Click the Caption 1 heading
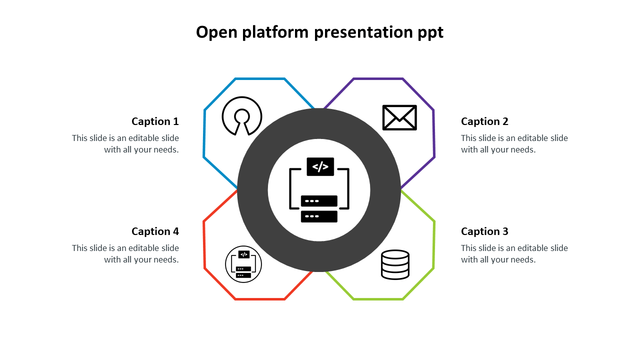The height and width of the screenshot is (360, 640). [155, 121]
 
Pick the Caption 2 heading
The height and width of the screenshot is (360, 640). [484, 121]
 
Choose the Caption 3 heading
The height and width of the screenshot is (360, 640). [484, 231]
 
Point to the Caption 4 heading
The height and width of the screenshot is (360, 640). [155, 231]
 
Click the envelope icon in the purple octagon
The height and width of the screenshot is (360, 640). [399, 117]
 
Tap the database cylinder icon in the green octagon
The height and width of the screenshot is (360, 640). [395, 264]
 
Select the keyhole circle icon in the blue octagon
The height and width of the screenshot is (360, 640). [242, 115]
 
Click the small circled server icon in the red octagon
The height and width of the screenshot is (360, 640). [243, 264]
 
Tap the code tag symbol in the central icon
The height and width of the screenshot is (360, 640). [320, 166]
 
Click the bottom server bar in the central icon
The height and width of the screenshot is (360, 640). [319, 216]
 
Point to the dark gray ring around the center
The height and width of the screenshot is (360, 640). [253, 190]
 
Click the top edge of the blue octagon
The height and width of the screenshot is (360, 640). [260, 78]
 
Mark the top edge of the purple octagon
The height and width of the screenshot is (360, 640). [378, 78]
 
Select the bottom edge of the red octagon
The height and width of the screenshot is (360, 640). [260, 299]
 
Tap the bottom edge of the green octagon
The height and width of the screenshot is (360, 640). [378, 299]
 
